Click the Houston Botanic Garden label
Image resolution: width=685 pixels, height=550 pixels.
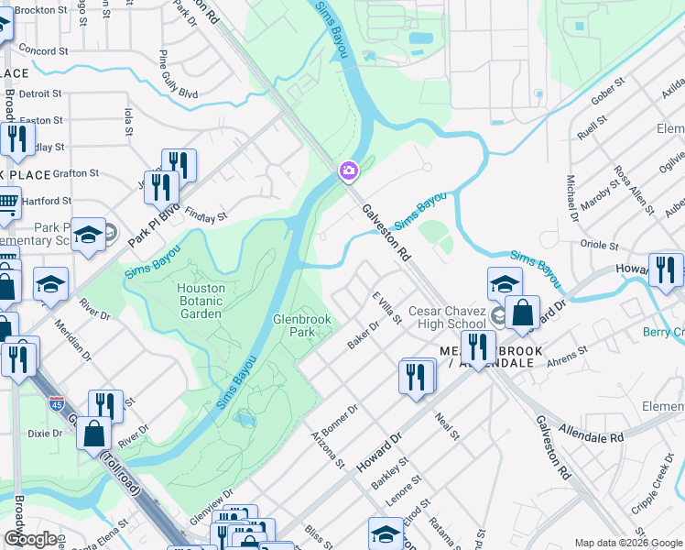pyautogui.click(x=200, y=301)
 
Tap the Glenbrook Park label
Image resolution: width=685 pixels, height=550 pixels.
pyautogui.click(x=301, y=326)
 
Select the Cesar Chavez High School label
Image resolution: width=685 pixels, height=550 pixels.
pyautogui.click(x=448, y=317)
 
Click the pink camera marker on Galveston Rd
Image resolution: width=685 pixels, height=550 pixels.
pyautogui.click(x=349, y=170)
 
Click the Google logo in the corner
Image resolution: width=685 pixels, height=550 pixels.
pyautogui.click(x=30, y=539)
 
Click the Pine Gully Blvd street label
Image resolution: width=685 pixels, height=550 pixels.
pyautogui.click(x=178, y=74)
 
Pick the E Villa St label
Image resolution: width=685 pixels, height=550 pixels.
pyautogui.click(x=386, y=306)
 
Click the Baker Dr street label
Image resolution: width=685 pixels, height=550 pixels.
pyautogui.click(x=363, y=335)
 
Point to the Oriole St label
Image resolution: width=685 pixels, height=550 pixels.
pyautogui.click(x=600, y=245)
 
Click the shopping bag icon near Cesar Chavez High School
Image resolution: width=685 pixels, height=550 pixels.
pyautogui.click(x=522, y=312)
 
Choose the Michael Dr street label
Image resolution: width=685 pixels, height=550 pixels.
pyautogui.click(x=572, y=198)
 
